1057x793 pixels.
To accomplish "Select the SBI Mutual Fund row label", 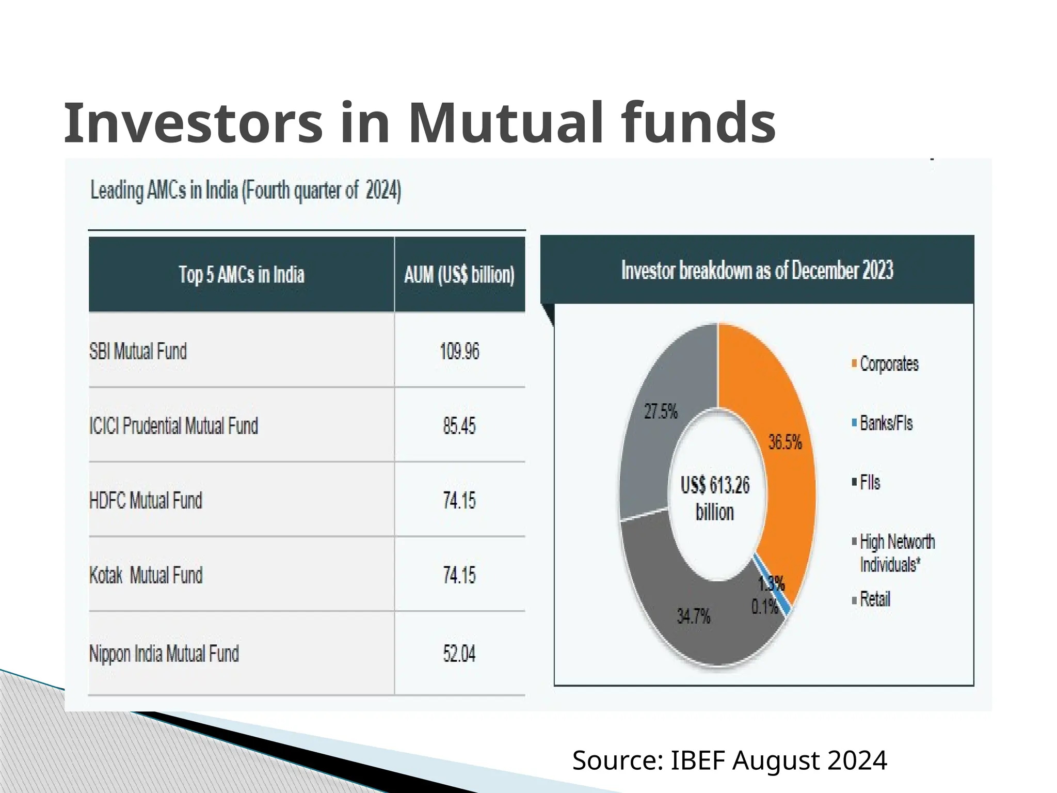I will click(138, 352).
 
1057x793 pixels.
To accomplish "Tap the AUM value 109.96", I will click(459, 352).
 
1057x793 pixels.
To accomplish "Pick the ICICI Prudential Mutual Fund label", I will click(173, 426).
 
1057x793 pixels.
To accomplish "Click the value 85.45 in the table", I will click(459, 426).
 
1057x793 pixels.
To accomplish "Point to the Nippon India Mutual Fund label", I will click(164, 654).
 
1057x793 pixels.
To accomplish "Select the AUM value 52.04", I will click(459, 654).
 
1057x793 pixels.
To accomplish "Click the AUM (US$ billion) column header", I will click(459, 275).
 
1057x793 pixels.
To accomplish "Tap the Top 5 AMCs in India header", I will click(242, 275).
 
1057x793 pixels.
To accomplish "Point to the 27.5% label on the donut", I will click(661, 412).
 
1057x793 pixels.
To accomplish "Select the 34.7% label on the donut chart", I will click(693, 616).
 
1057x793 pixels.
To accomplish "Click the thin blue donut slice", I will click(773, 583).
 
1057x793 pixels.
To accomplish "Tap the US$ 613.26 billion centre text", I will click(715, 499).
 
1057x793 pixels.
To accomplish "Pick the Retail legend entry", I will click(874, 599).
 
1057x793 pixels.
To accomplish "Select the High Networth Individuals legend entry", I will click(896, 553).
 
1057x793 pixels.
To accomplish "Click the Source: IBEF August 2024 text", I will click(729, 760).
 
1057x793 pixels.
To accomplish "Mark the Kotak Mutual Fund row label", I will click(146, 575).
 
